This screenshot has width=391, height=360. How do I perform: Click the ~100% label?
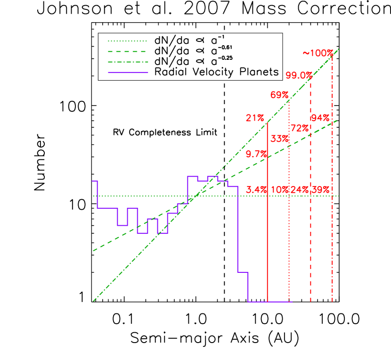click(318, 53)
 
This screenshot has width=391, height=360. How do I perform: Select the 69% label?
click(279, 95)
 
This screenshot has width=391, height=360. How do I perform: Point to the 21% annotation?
click(255, 118)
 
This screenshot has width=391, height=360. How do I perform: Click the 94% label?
click(320, 118)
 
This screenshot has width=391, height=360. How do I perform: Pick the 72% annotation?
click(300, 128)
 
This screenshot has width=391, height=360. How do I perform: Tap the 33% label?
click(279, 139)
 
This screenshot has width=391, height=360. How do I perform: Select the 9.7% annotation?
click(257, 154)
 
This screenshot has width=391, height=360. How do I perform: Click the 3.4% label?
click(257, 190)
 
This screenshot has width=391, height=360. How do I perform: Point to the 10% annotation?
click(279, 190)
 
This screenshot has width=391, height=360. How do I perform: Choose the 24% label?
click(300, 190)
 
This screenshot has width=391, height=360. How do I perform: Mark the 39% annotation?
click(320, 190)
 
